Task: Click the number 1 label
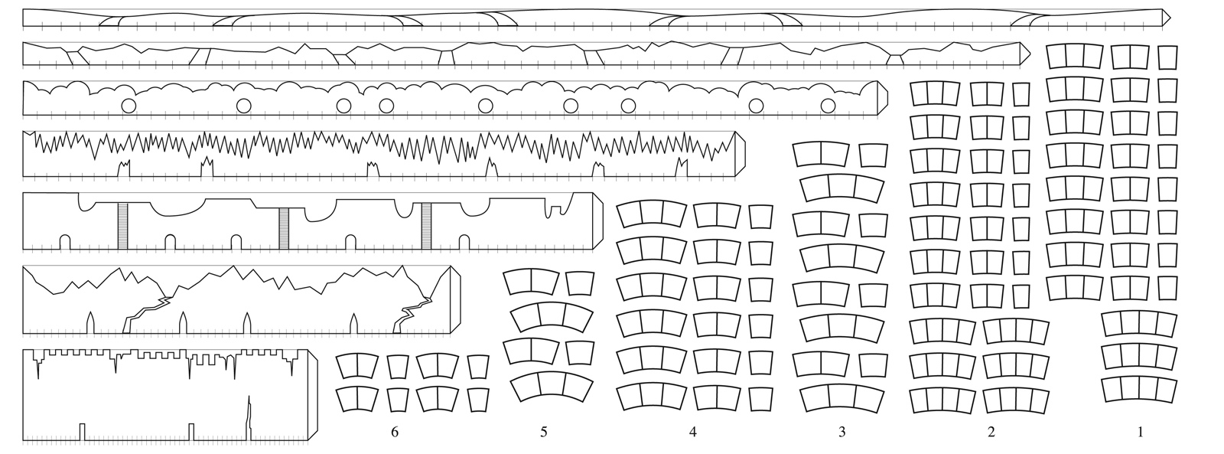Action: (1140, 432)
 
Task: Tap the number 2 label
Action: (991, 432)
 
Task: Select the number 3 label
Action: (842, 432)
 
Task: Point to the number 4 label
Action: (693, 432)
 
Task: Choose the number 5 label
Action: (544, 432)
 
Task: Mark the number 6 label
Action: (395, 432)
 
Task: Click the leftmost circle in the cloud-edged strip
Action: (129, 106)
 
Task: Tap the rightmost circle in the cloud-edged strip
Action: (828, 106)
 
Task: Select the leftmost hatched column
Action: (123, 226)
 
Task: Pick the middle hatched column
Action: (284, 229)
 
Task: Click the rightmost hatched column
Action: (426, 226)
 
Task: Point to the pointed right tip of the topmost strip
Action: (1170, 18)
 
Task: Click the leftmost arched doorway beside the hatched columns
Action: (64, 243)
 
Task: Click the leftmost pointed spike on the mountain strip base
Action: (91, 323)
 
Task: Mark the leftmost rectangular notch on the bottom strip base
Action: (82, 432)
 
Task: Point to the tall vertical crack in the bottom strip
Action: (249, 418)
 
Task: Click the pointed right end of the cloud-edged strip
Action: (887, 98)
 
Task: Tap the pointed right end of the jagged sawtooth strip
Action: (745, 154)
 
